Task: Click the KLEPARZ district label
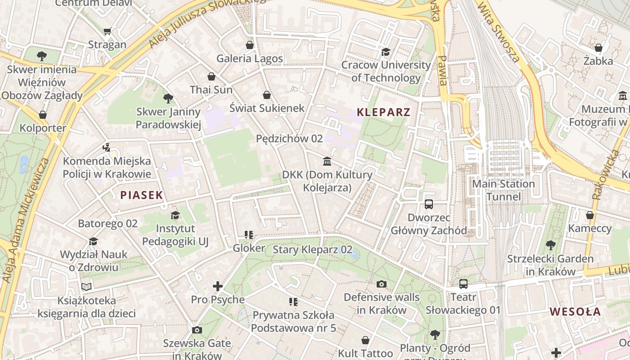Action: coord(383,112)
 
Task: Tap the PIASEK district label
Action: coord(141,195)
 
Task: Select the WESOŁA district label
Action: coord(575,311)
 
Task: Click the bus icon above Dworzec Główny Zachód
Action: coord(428,204)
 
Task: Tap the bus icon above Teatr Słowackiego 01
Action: coord(463,284)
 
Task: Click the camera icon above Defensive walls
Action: coord(381,284)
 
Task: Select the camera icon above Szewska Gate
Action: coord(197,330)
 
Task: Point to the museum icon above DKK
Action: coord(327,161)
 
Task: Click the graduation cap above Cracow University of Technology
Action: coord(386,52)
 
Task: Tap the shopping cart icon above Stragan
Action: coord(107,31)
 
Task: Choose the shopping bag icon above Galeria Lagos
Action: coord(250,45)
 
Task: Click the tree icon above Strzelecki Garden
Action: coord(550,245)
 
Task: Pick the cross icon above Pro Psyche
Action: coord(218,286)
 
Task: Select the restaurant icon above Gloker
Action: coord(249,234)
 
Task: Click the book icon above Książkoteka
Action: coord(86,287)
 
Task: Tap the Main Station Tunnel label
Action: coord(503,190)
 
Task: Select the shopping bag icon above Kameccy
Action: coord(589,215)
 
